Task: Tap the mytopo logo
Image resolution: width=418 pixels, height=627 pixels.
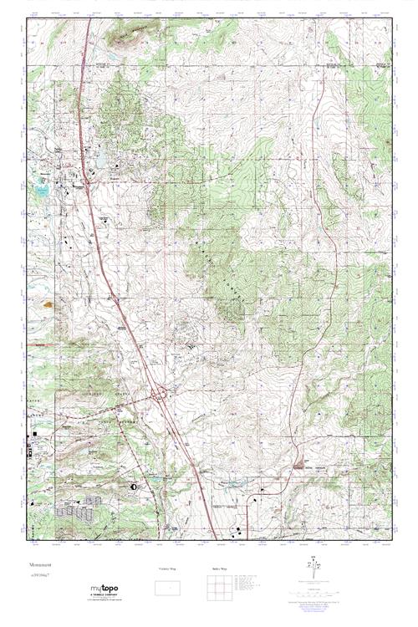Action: pyautogui.click(x=104, y=589)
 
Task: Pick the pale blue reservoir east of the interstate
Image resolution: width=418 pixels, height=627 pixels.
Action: pyautogui.click(x=101, y=157)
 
